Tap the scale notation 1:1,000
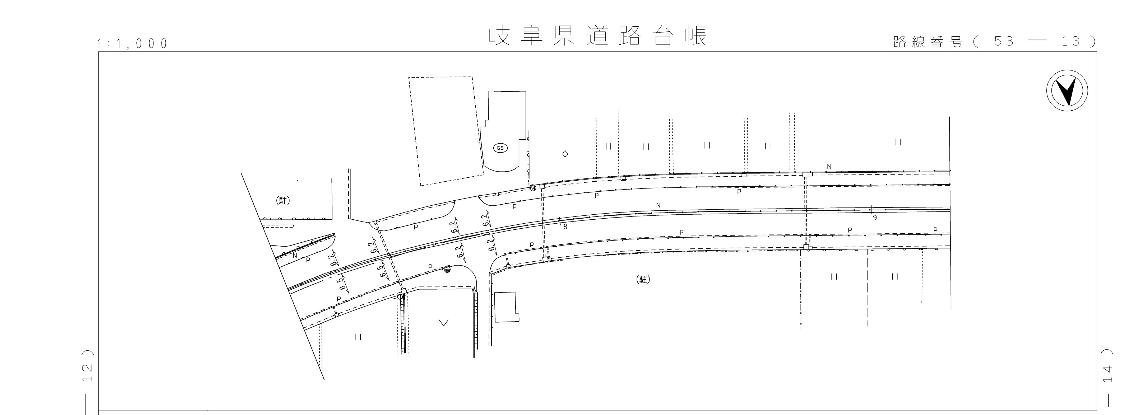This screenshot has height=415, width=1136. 133,43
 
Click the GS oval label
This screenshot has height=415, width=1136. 500,148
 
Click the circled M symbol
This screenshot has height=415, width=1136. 533,188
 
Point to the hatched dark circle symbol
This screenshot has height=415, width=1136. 448,270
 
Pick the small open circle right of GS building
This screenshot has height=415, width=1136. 565,154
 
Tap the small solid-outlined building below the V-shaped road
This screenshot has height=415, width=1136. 506,307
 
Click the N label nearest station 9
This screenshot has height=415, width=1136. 829,167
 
